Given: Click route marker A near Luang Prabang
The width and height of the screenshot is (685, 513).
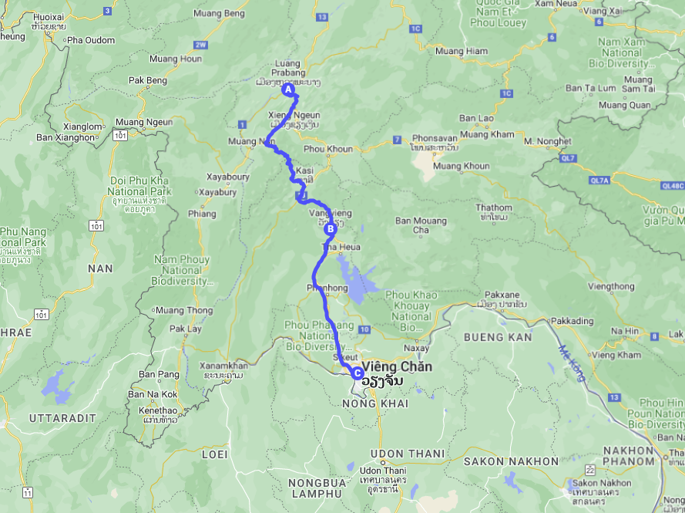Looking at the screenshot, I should point(289,89).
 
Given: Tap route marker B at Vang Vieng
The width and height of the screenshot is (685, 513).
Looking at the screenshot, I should point(331,228).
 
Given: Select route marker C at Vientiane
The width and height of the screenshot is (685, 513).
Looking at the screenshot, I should point(358,373).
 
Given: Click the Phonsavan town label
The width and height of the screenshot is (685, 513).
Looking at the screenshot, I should point(435,139).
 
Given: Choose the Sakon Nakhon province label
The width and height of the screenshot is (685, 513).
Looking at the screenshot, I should point(511,461).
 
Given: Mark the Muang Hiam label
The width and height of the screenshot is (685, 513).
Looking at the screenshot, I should point(462,51).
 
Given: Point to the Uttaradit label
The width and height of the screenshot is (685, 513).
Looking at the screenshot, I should point(62,417).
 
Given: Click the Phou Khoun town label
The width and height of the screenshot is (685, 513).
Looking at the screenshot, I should point(329,150).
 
